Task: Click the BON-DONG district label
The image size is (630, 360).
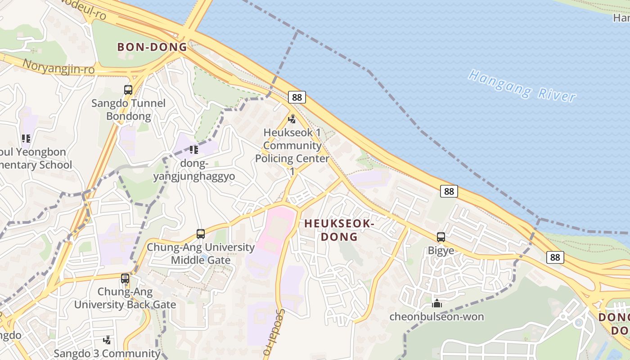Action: tap(152, 47)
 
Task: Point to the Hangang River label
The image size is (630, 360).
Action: tap(522, 85)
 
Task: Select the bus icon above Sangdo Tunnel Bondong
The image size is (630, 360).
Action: tap(128, 90)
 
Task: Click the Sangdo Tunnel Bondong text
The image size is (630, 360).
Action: tap(129, 110)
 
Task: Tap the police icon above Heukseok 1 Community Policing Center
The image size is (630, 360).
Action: tap(292, 119)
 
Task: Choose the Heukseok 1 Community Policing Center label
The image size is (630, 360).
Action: tap(292, 152)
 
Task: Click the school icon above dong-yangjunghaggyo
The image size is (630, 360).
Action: tap(194, 149)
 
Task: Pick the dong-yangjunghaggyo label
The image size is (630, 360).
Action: tap(194, 170)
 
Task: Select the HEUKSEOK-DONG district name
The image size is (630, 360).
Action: tap(339, 229)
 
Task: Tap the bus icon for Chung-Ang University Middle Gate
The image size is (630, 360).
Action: tap(201, 234)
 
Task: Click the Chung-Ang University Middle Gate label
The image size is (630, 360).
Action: tap(201, 253)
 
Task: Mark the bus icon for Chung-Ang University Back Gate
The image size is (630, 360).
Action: tap(125, 279)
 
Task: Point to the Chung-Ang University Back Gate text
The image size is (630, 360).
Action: tap(125, 298)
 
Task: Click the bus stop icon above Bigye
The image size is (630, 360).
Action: tap(441, 237)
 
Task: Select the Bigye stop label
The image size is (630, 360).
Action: tap(441, 251)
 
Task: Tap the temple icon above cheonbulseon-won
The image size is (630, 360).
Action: tap(436, 304)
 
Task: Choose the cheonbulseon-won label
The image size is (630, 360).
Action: tap(436, 317)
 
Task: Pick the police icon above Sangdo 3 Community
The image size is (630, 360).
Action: tap(107, 340)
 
